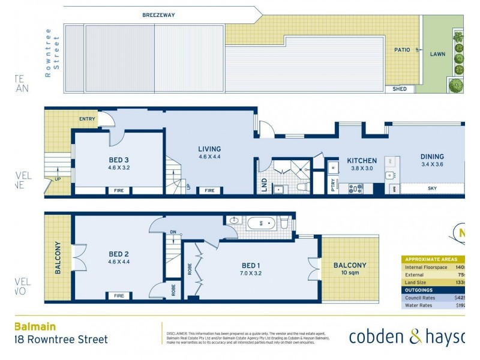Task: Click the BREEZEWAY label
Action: pos(158,15)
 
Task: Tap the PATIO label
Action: pos(401,50)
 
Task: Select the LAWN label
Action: pos(437,54)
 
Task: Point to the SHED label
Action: pos(400,89)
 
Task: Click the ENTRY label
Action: pos(87,119)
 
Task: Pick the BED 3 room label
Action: pos(118,160)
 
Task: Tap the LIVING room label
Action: pos(209,149)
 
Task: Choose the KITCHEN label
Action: pos(362,161)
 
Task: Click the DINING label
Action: pos(432,157)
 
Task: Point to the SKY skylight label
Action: pos(431,188)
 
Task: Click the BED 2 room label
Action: pos(118,254)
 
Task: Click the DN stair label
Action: pos(173,232)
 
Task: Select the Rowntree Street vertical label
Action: pos(52,57)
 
